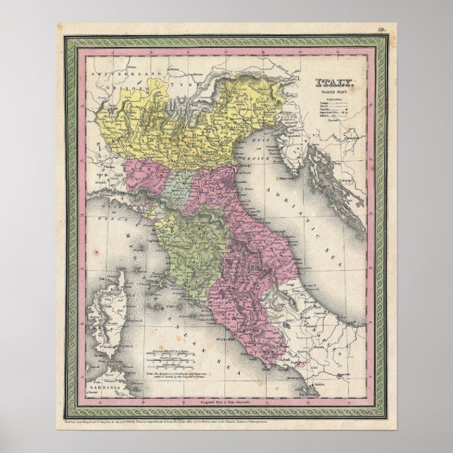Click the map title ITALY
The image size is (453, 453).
tap(335, 82)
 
